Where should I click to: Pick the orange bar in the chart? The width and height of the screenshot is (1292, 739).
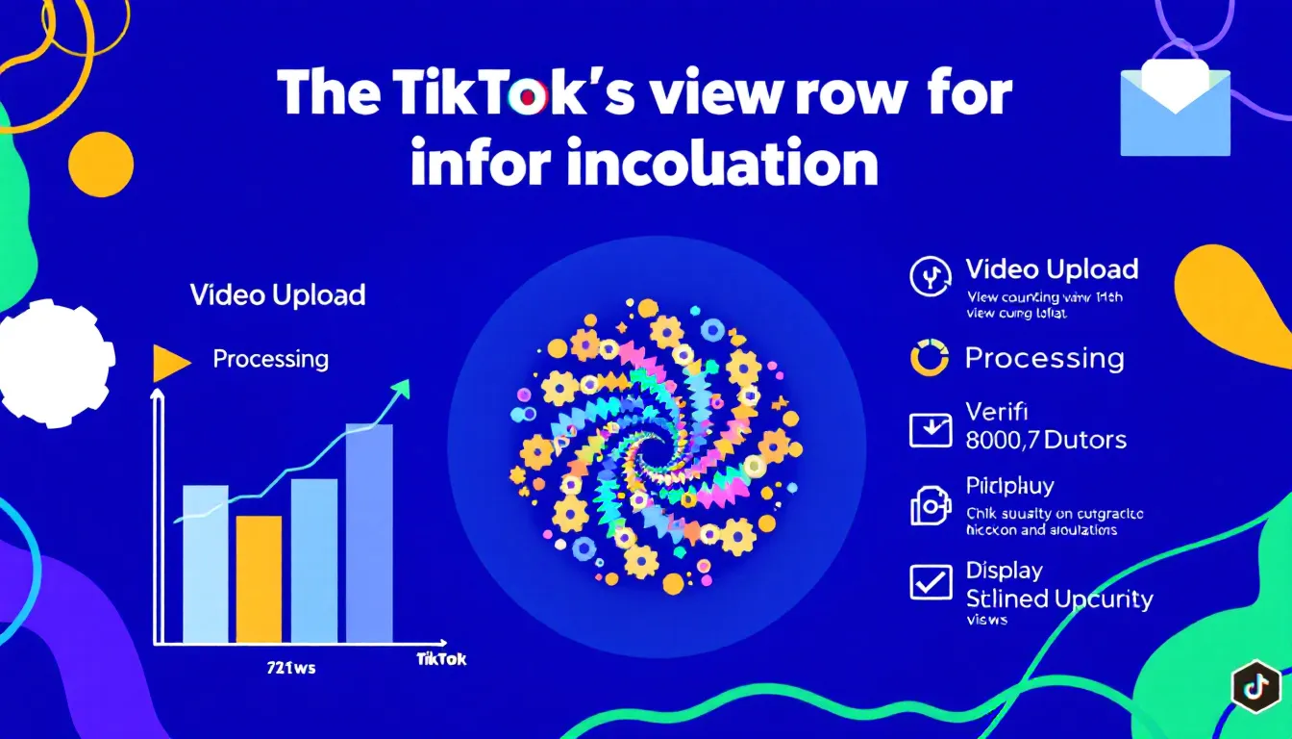tap(259, 579)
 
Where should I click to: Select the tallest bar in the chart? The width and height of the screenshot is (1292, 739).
tap(369, 533)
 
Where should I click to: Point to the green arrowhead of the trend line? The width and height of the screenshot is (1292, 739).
tap(401, 388)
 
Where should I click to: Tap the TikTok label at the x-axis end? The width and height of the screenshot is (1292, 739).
tap(441, 659)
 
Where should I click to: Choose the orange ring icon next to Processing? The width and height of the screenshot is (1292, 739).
tap(929, 358)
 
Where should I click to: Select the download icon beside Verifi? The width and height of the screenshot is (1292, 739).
tap(930, 430)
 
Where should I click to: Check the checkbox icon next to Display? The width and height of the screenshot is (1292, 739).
tap(930, 582)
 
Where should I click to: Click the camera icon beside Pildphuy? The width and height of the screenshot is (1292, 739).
tap(930, 506)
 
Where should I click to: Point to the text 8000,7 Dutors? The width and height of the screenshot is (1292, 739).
tap(1045, 441)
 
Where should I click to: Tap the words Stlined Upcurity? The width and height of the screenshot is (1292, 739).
tap(1058, 599)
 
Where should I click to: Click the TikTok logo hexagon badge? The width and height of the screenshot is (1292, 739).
tap(1255, 685)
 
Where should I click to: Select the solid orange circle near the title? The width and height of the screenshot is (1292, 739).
tap(101, 165)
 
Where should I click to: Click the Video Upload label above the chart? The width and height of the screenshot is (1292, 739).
tap(277, 294)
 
